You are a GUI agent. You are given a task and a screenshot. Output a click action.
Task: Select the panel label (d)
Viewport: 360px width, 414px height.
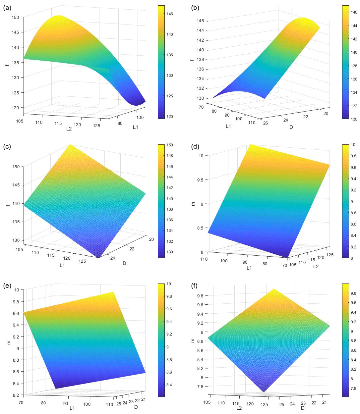tap(195, 147)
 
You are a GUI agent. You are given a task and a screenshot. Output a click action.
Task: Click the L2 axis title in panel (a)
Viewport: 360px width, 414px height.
tap(69, 129)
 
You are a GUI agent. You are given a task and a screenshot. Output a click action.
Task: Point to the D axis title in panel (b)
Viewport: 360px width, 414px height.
tap(291, 127)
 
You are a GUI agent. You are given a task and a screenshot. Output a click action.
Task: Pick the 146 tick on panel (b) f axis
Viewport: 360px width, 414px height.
tap(201, 21)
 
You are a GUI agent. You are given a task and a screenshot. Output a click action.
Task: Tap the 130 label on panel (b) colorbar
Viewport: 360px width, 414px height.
tap(354, 119)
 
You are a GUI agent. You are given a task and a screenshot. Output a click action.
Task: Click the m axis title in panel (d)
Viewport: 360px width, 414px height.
tap(193, 204)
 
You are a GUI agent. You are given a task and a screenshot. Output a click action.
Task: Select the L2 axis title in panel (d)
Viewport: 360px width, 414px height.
tap(316, 266)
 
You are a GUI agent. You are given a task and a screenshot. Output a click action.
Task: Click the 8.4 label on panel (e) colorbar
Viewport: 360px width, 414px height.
tap(169, 385)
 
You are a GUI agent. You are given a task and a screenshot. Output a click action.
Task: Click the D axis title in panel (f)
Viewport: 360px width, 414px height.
tap(303, 408)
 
